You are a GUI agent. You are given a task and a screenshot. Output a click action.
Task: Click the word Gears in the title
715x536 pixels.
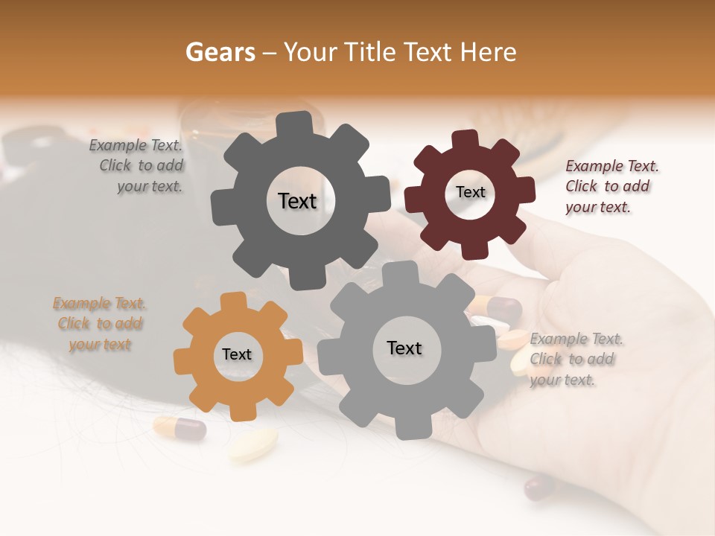(x=219, y=52)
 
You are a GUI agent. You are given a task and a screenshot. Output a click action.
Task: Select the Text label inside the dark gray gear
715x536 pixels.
(x=297, y=201)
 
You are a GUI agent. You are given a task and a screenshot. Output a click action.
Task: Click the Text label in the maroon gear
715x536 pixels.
(x=470, y=192)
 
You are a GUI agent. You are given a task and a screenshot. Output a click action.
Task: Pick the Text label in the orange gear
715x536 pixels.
(x=237, y=355)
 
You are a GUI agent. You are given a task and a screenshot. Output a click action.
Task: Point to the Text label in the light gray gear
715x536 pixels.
(x=404, y=348)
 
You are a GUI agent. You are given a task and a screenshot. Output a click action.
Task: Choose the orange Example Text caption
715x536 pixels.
(x=99, y=324)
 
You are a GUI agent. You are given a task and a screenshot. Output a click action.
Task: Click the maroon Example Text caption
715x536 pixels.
(x=611, y=187)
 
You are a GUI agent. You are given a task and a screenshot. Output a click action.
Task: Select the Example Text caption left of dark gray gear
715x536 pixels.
(x=139, y=166)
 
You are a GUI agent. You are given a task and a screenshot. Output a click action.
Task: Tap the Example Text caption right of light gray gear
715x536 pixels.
(x=576, y=360)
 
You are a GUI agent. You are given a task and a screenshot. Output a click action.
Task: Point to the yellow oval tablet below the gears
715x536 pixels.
(x=252, y=444)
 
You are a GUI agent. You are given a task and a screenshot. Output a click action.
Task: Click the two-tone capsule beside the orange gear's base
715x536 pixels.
(x=179, y=428)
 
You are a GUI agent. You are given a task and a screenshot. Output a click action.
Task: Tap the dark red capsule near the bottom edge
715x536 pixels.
(x=540, y=488)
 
